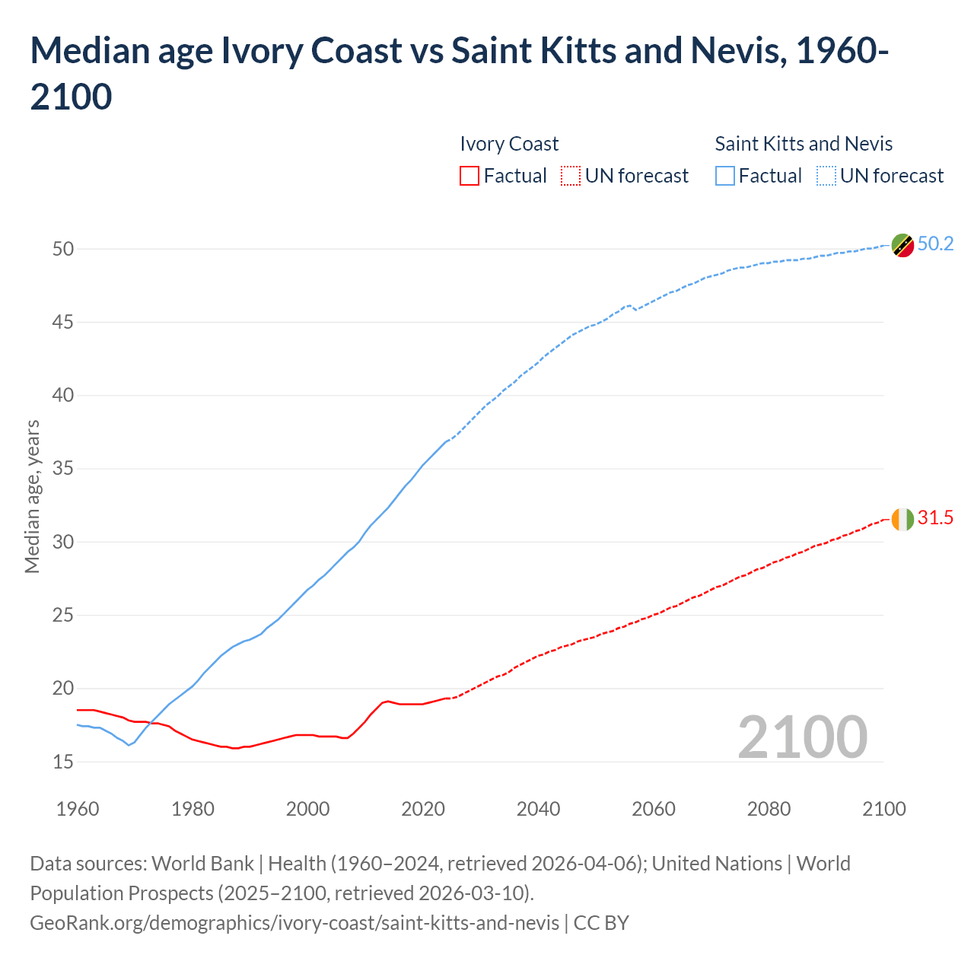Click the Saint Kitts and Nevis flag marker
pyautogui.click(x=902, y=246)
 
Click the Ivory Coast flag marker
pyautogui.click(x=902, y=520)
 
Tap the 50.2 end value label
pyautogui.click(x=935, y=244)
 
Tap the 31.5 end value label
pyautogui.click(x=935, y=518)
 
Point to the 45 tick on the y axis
pyautogui.click(x=63, y=323)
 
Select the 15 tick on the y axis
pyautogui.click(x=63, y=762)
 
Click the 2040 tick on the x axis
pyautogui.click(x=538, y=809)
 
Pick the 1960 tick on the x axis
pyautogui.click(x=78, y=809)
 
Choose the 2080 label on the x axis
pyautogui.click(x=769, y=809)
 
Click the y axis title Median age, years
pyautogui.click(x=32, y=496)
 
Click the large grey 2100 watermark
pyautogui.click(x=802, y=737)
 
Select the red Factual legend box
pyautogui.click(x=469, y=177)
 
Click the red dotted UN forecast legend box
pyautogui.click(x=571, y=177)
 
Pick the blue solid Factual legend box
pyautogui.click(x=725, y=177)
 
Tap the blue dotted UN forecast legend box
pyautogui.click(x=826, y=177)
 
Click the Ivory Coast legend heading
pyautogui.click(x=509, y=144)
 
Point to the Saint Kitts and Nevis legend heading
pyautogui.click(x=804, y=144)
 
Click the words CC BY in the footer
pyautogui.click(x=601, y=923)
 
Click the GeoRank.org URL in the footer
pyautogui.click(x=294, y=923)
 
